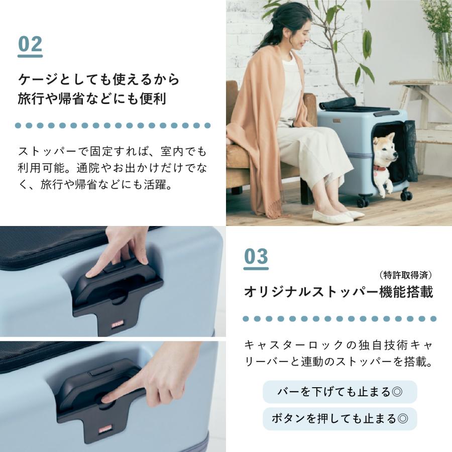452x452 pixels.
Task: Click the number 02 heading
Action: tap(30, 45)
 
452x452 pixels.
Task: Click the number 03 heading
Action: tap(256, 257)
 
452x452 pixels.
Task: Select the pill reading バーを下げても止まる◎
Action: tap(340, 391)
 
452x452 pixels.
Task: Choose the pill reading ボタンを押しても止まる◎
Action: tap(340, 418)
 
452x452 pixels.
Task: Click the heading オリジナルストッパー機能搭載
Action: tap(338, 292)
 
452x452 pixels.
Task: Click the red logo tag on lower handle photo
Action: tap(106, 428)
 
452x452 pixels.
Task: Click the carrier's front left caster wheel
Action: tap(363, 201)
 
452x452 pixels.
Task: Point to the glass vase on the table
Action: tap(442, 55)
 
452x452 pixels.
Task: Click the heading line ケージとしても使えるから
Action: tap(98, 79)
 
